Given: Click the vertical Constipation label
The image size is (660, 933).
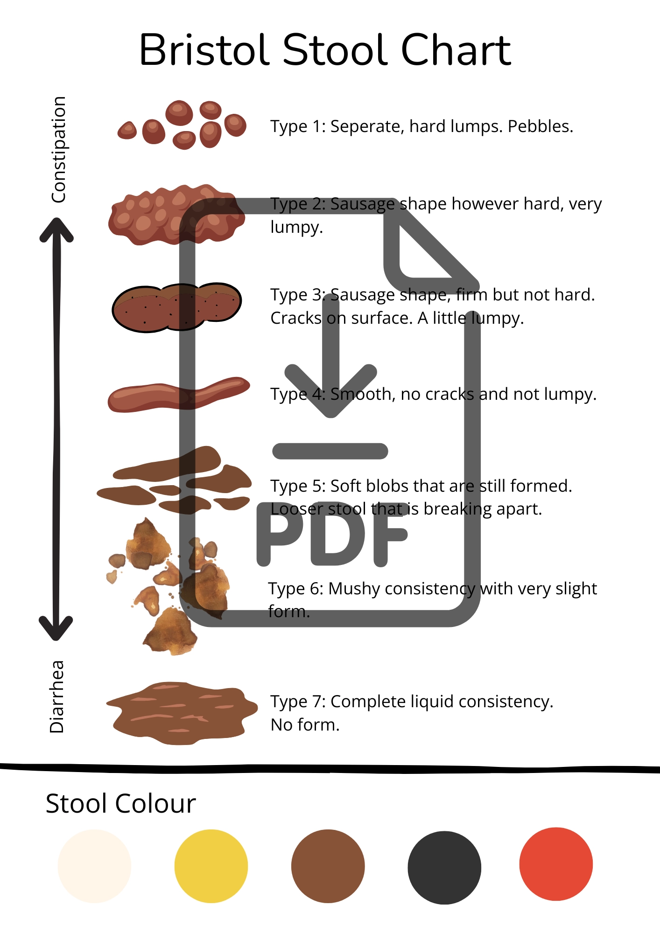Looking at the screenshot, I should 58,150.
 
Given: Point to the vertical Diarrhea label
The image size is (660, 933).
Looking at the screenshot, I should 56,696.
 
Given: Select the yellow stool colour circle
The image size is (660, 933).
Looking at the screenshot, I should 211,866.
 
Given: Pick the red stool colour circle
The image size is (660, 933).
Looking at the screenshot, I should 556,864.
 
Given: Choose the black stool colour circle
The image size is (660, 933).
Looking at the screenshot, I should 444,867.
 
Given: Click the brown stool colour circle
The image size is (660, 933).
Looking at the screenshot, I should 328,866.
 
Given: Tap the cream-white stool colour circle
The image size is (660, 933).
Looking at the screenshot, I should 94,866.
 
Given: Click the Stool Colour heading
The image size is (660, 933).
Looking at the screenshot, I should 120,803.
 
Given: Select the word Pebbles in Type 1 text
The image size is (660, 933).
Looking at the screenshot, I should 540,126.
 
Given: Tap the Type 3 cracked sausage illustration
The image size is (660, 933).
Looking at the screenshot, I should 176,307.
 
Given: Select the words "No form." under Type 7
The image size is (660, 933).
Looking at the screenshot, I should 305,725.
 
